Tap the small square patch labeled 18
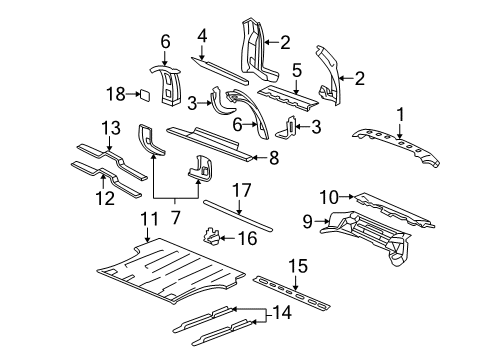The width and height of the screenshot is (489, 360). pyautogui.click(x=143, y=95)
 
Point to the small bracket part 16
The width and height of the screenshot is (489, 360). pyautogui.click(x=211, y=264)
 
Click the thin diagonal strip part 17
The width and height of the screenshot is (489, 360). pyautogui.click(x=239, y=236)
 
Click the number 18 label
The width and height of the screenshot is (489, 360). pyautogui.click(x=116, y=95)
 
